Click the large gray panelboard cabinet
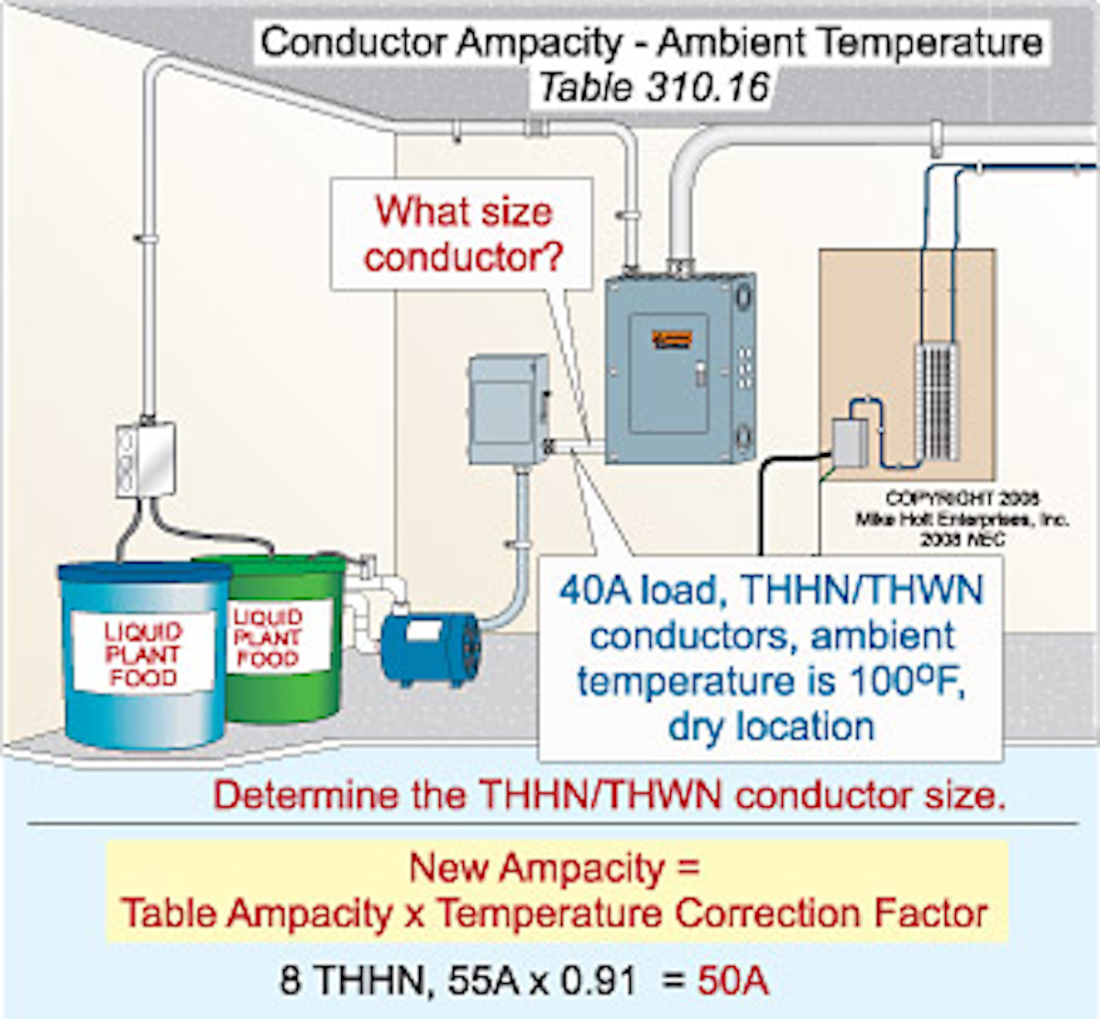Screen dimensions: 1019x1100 click(679, 368)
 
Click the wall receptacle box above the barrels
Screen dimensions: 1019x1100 click(146, 459)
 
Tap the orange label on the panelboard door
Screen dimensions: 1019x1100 click(672, 340)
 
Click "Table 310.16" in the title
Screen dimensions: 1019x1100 click(653, 88)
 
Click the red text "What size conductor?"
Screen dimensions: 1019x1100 click(463, 234)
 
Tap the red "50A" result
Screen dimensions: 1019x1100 click(732, 980)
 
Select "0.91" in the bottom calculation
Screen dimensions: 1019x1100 click(599, 980)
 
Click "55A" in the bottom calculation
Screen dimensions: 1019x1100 click(482, 980)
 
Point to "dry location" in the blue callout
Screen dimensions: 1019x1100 click(771, 726)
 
